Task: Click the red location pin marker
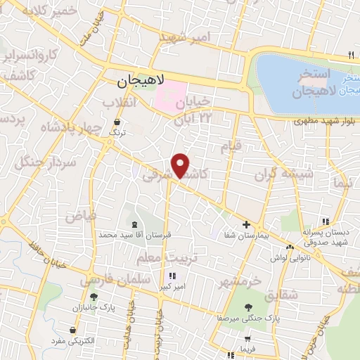point(181,165)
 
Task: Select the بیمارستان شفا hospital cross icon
point(246,225)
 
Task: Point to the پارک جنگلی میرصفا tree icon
point(248,306)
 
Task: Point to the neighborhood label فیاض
point(81,216)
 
